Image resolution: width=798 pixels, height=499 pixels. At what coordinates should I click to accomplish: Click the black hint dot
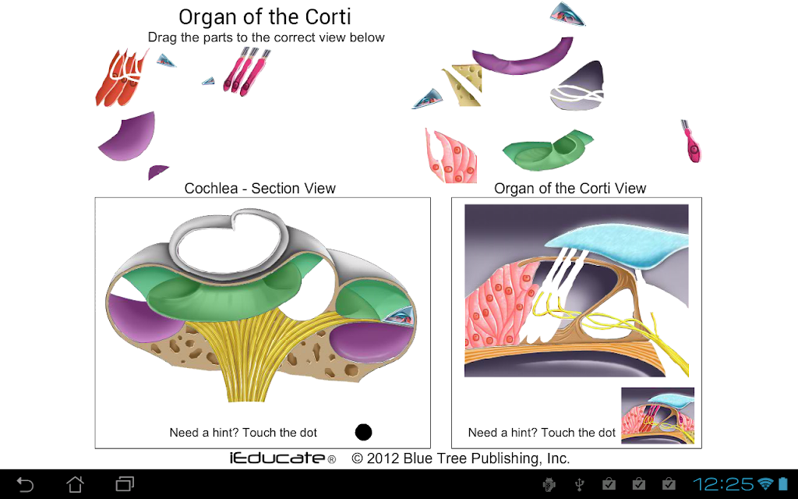[x=363, y=432]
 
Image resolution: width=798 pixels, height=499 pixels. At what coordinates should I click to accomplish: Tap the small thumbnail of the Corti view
[x=658, y=416]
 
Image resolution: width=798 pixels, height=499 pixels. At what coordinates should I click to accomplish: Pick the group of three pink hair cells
[x=247, y=71]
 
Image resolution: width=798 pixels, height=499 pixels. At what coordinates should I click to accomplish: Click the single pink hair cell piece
[x=692, y=142]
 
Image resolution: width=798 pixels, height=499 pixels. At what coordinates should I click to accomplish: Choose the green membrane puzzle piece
[x=547, y=150]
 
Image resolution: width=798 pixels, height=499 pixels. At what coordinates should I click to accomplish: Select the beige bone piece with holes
[x=463, y=84]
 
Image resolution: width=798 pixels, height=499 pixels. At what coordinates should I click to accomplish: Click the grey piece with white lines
[x=577, y=87]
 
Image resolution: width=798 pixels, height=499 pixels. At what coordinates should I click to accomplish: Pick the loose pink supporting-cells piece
[x=451, y=156]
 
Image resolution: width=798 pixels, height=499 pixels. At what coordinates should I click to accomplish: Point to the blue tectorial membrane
[x=613, y=243]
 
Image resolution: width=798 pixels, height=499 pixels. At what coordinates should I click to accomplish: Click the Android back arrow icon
[x=25, y=484]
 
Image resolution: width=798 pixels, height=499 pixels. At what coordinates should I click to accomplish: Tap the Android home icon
[x=76, y=484]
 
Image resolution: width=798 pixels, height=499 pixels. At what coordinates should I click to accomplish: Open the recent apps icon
[x=125, y=484]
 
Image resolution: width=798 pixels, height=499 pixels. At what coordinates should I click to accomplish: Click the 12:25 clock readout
[x=722, y=484]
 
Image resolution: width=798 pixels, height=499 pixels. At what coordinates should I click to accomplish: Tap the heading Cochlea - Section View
[x=260, y=189]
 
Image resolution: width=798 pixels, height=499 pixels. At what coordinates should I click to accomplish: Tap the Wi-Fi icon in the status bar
[x=765, y=484]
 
